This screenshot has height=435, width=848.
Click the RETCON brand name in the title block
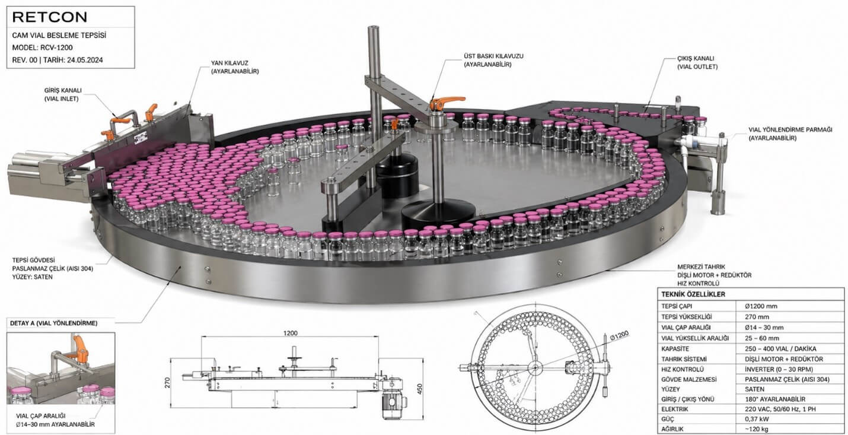coord(50,17)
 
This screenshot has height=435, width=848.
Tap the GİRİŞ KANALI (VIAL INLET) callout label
coord(63,95)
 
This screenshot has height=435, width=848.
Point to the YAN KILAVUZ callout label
coord(235,67)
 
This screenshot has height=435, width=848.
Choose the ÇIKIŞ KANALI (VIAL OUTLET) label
coord(697,62)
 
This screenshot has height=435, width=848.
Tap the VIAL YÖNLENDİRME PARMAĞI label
coord(790,134)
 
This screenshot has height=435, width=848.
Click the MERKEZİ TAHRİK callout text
coord(715,275)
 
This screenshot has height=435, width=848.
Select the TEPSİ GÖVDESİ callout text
coord(53,268)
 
